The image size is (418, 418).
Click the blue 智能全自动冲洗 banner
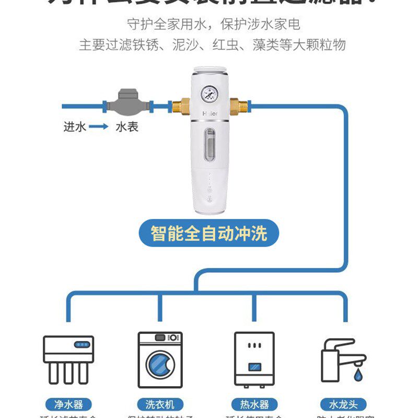click(209, 233)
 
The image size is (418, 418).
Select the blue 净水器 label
click(68, 404)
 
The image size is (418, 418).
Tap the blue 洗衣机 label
click(160, 404)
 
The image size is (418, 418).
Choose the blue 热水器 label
click(254, 404)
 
